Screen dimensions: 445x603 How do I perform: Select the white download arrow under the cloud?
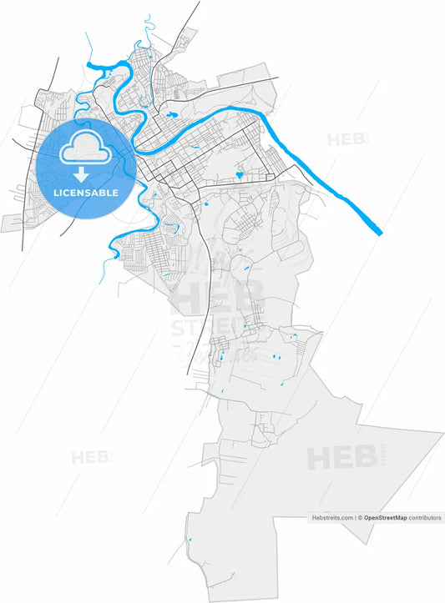tap(81, 173)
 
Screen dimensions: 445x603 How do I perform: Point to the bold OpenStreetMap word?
tap(385, 518)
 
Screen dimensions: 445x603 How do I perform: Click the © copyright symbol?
tap(361, 518)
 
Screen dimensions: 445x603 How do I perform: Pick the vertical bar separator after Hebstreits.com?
tap(355, 518)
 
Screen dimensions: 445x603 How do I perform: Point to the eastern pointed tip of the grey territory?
tap(442, 434)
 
